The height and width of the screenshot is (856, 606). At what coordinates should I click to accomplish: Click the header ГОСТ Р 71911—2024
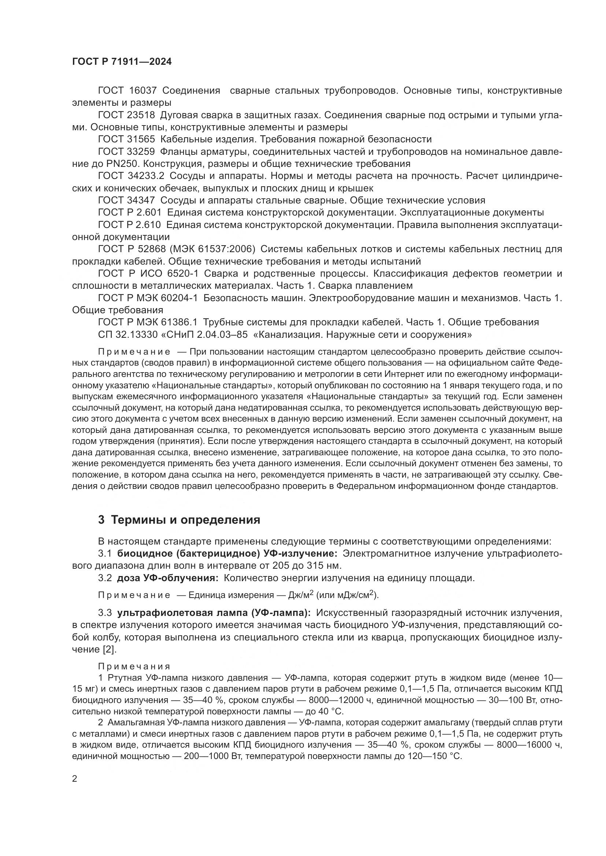pos(122,62)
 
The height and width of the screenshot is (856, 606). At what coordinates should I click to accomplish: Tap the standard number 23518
pos(141,115)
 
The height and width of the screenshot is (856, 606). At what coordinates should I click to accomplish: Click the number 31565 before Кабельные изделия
pos(141,139)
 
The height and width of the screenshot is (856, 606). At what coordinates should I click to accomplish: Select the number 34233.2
pos(146,176)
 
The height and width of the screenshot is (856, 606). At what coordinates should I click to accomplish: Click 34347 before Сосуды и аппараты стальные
pos(141,201)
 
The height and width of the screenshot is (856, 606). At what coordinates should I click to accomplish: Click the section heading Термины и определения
pos(185,520)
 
